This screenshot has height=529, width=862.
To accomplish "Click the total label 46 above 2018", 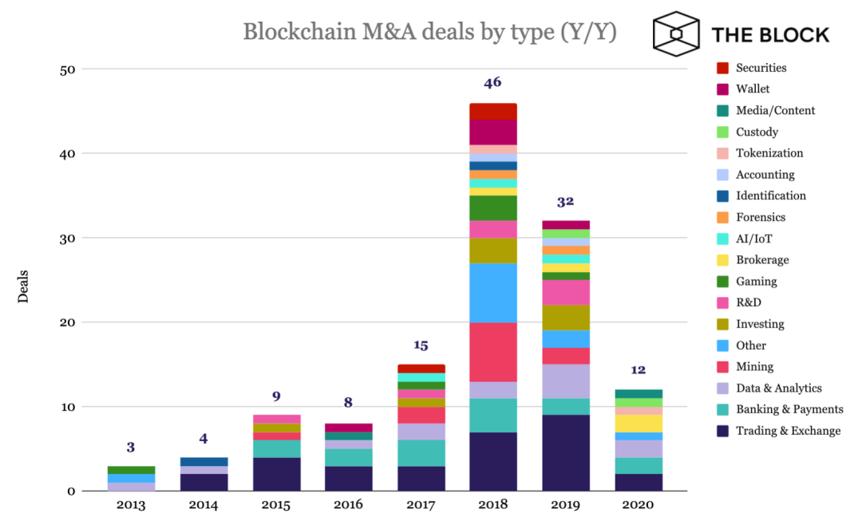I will pyautogui.click(x=492, y=82).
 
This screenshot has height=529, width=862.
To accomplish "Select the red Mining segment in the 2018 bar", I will pyautogui.click(x=493, y=352).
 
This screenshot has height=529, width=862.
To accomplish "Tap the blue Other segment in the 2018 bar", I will pyautogui.click(x=493, y=293).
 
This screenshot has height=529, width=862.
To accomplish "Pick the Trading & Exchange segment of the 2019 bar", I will pyautogui.click(x=566, y=452).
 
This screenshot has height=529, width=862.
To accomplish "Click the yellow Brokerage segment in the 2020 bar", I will pyautogui.click(x=639, y=423).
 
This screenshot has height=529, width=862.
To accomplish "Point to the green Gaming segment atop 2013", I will pyautogui.click(x=131, y=470).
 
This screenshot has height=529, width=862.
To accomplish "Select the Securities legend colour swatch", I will pyautogui.click(x=723, y=68).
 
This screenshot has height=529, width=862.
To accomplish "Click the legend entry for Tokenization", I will pyautogui.click(x=769, y=153).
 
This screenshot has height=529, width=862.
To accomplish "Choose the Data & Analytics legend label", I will pyautogui.click(x=778, y=388).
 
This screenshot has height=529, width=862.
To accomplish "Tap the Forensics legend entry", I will pyautogui.click(x=761, y=217).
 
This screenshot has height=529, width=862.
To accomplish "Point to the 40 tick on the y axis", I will pyautogui.click(x=67, y=153).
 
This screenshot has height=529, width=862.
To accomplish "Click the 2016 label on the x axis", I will pyautogui.click(x=348, y=505).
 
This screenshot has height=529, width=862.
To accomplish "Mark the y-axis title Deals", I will pyautogui.click(x=24, y=286).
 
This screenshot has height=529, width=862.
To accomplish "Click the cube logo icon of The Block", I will pyautogui.click(x=676, y=34).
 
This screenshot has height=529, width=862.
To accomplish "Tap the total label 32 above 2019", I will pyautogui.click(x=565, y=202).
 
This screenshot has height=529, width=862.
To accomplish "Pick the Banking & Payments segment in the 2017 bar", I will pyautogui.click(x=421, y=453).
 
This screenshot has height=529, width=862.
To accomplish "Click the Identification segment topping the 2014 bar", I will pyautogui.click(x=204, y=461).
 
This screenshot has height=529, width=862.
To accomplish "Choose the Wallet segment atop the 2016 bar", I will pyautogui.click(x=348, y=428).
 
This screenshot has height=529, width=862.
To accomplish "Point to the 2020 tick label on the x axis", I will pyautogui.click(x=639, y=505).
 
